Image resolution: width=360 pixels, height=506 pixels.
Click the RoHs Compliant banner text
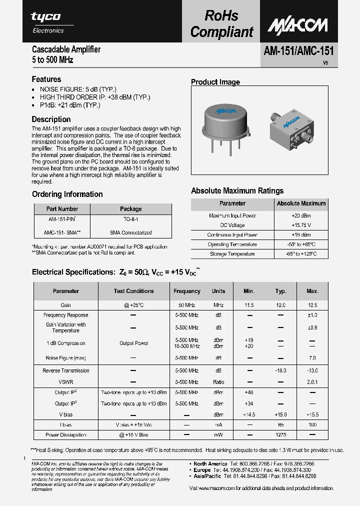[x=222, y=24]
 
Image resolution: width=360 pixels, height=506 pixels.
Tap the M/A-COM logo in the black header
[x=297, y=24]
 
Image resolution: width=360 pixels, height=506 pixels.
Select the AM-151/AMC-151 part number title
[x=298, y=51]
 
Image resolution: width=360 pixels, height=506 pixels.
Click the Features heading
[x=46, y=79]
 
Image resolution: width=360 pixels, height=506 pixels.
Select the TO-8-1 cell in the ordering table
[x=130, y=219]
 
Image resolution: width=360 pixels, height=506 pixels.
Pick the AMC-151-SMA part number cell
[x=62, y=233]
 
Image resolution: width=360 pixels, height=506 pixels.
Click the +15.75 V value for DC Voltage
[x=301, y=225]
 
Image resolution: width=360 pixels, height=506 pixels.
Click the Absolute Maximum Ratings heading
[x=237, y=191]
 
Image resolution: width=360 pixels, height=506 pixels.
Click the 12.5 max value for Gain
[x=312, y=305]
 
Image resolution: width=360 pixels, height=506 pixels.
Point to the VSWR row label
[x=66, y=382]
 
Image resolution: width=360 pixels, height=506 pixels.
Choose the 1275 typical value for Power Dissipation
[x=280, y=435]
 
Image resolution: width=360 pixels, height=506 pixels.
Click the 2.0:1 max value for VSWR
[x=312, y=382]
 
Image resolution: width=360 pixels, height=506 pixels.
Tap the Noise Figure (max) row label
[x=66, y=358]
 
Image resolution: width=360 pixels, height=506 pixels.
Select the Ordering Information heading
[x=67, y=194]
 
